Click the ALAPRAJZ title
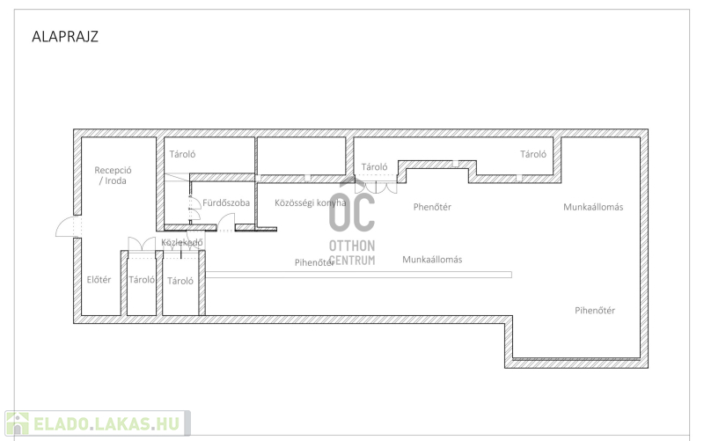click(x=65, y=36)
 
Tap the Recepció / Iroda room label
click(x=113, y=175)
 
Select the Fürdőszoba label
click(x=226, y=202)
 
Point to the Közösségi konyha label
click(x=311, y=202)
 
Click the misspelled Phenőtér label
click(x=432, y=207)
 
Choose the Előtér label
click(x=99, y=280)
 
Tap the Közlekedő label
click(x=182, y=242)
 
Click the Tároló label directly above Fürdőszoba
click(x=182, y=154)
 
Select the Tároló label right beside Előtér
click(x=142, y=280)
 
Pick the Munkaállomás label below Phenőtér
click(x=432, y=259)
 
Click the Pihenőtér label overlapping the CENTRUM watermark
click(x=315, y=262)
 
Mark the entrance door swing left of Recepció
click(x=68, y=226)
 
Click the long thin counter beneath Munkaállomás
click(x=358, y=275)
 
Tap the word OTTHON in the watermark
click(x=352, y=246)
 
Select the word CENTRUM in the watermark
click(x=352, y=260)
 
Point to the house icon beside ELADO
click(x=17, y=423)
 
